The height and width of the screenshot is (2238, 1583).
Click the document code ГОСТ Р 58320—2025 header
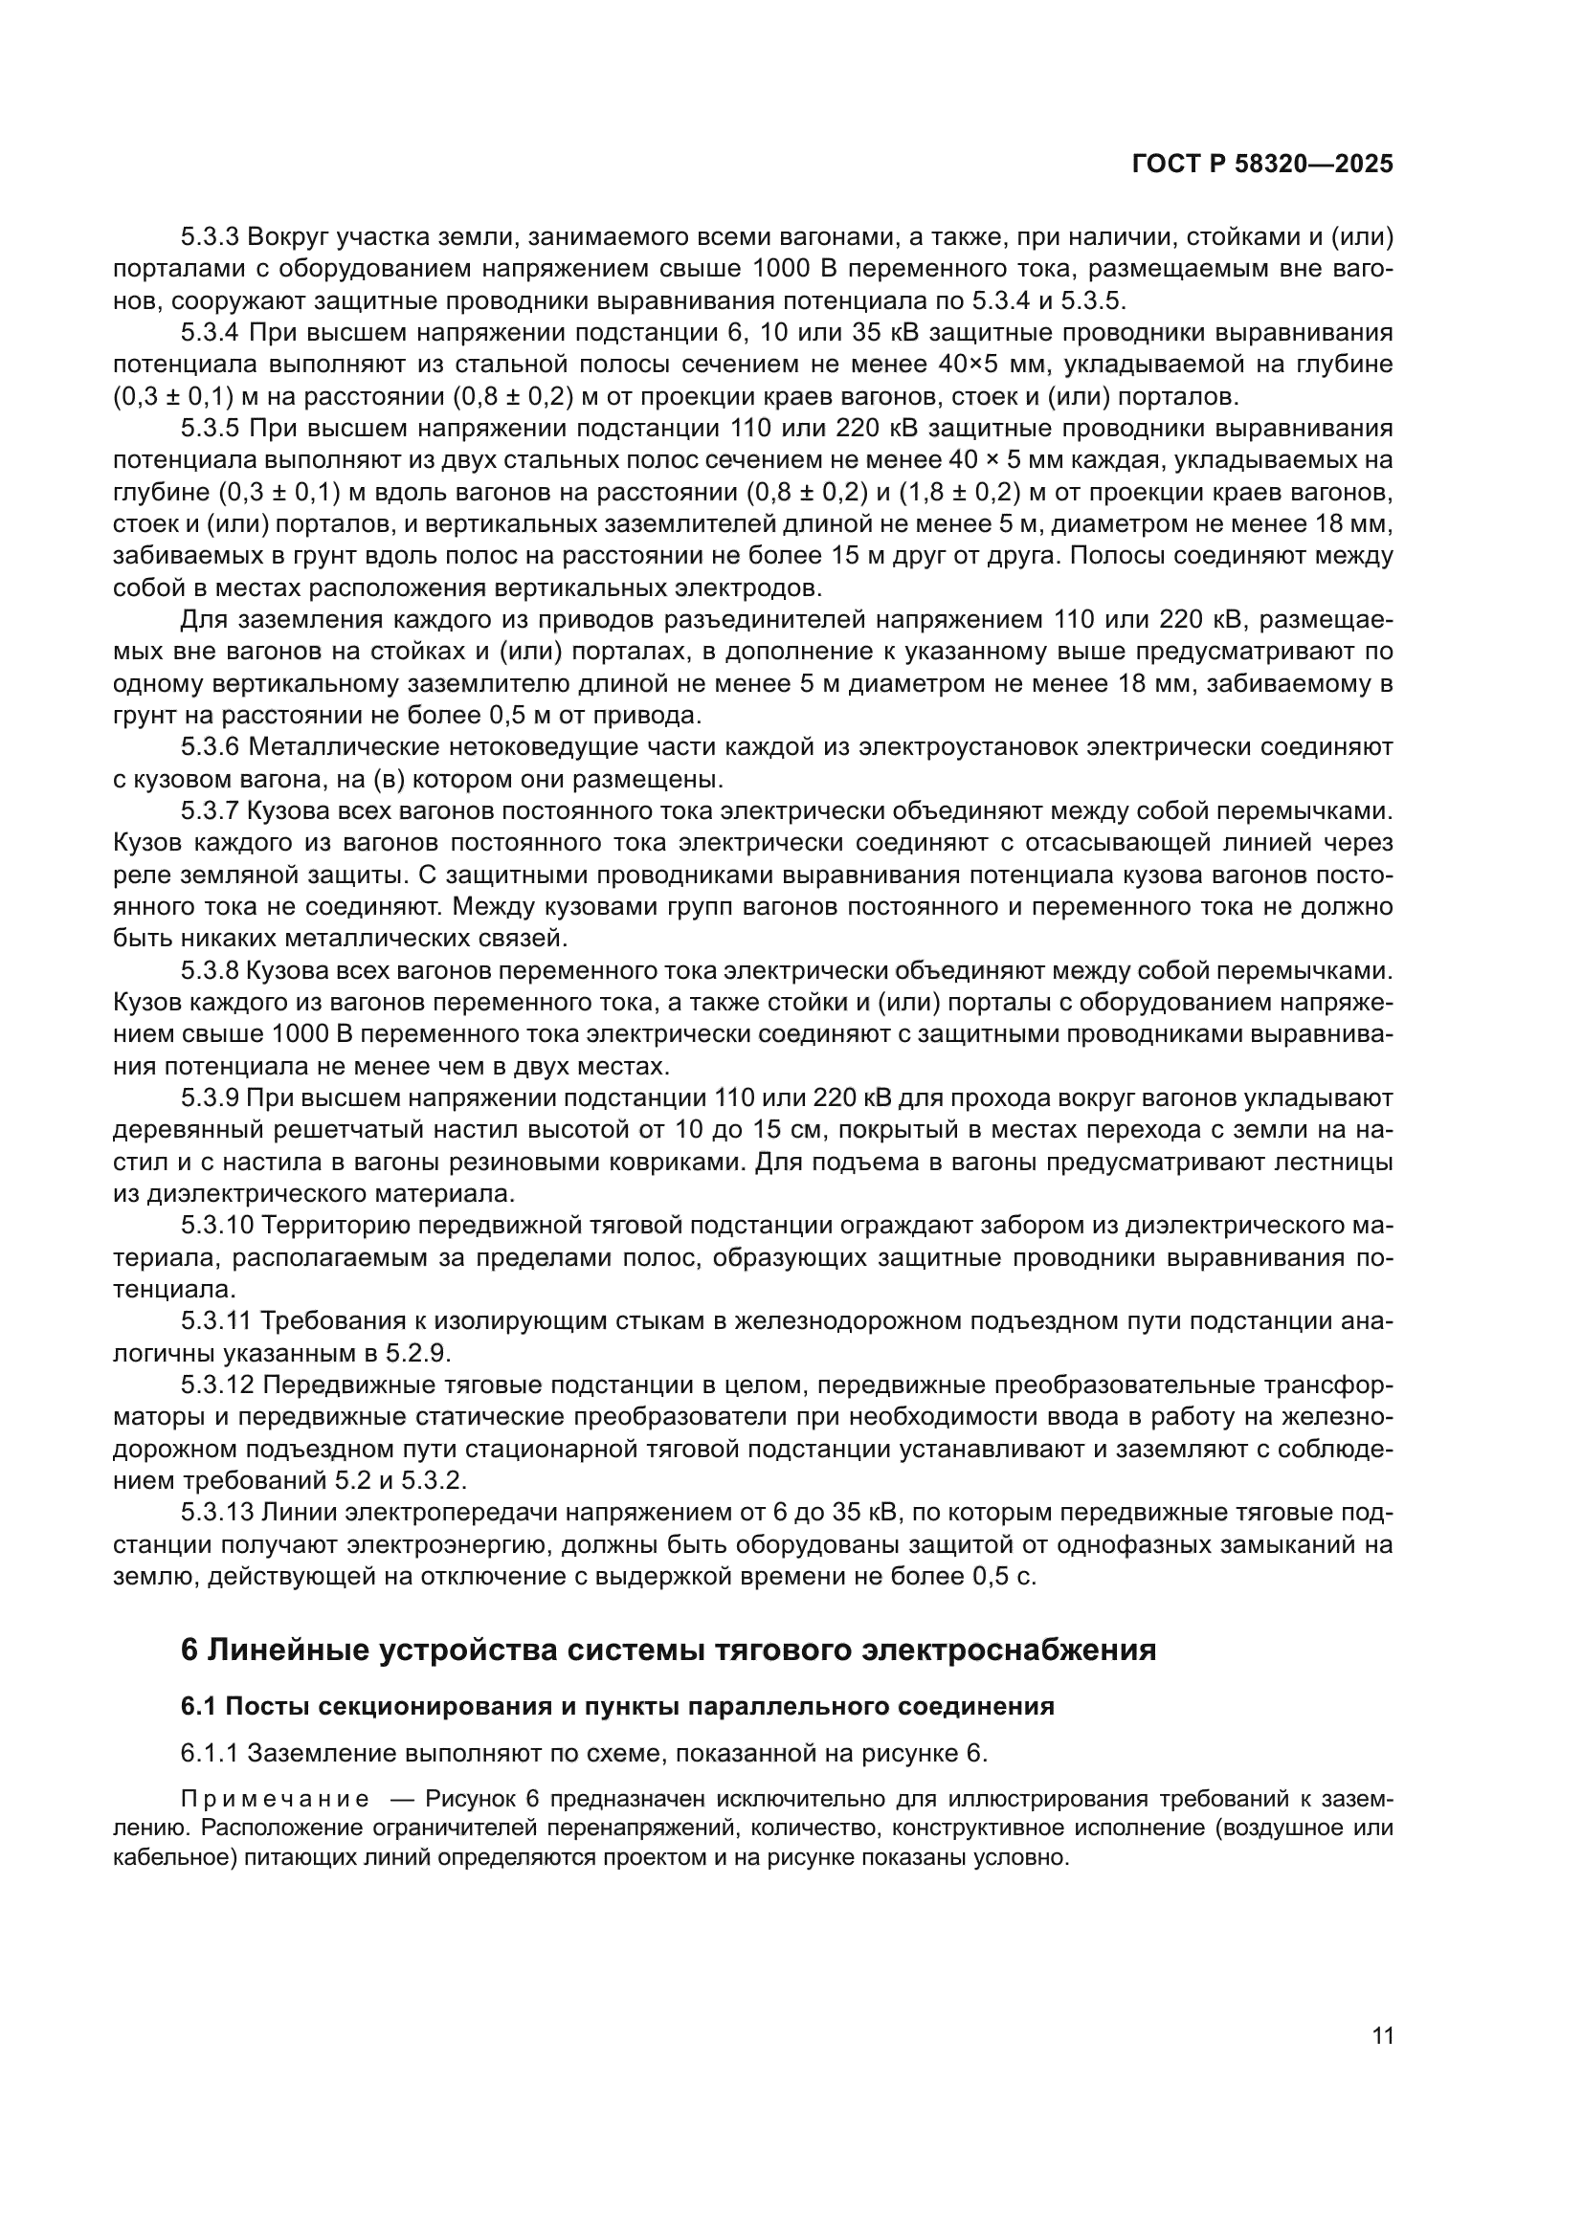point(1262,165)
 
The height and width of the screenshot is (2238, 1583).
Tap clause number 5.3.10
point(216,1227)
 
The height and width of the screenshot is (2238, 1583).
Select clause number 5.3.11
point(216,1321)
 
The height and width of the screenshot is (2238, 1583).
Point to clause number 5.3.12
point(216,1386)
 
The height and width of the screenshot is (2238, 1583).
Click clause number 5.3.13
point(216,1514)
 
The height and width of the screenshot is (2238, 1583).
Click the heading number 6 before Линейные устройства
point(190,1651)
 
